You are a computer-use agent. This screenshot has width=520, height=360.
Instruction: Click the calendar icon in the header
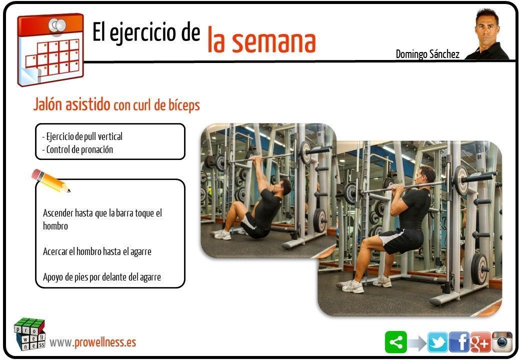[50, 49]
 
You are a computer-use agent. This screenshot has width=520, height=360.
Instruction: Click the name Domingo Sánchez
[427, 54]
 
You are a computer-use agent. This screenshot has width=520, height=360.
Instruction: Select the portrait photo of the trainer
[487, 34]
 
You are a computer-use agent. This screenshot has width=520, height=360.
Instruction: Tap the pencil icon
[50, 180]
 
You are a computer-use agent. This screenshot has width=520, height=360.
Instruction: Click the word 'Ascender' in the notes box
[58, 213]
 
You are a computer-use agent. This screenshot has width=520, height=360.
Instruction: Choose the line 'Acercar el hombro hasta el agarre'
[97, 251]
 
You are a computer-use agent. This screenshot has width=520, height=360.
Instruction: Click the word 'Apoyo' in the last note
[52, 277]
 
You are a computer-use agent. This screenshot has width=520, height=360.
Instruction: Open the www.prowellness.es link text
[93, 342]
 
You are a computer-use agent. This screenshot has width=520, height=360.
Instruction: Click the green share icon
[395, 342]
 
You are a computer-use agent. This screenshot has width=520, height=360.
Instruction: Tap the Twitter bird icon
[437, 342]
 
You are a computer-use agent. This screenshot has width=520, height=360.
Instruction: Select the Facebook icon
[459, 342]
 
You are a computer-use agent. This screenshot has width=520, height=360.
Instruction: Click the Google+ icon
[480, 342]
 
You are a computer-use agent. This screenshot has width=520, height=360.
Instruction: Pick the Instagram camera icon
[502, 342]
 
